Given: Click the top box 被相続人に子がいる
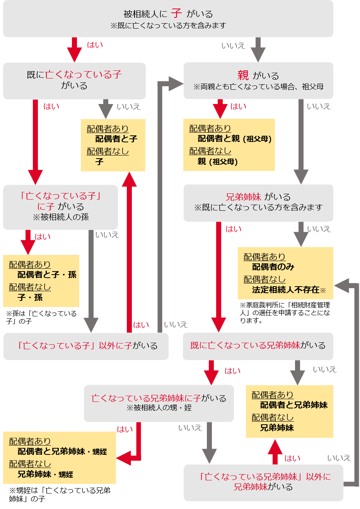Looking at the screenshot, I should point(168,19).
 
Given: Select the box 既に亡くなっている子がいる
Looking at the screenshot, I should point(74,80).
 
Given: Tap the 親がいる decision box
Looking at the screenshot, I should point(258,80).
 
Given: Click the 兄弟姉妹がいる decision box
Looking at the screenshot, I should point(258,203).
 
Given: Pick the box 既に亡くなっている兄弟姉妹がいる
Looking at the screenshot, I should point(258,346).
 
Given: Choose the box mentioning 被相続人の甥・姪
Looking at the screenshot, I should point(159,403).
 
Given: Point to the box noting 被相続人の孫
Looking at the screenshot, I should point(60,207).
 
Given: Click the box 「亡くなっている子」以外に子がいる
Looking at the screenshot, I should point(86,346).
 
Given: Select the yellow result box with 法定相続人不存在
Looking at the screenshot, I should point(285,273).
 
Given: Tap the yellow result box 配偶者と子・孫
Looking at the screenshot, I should point(41,281).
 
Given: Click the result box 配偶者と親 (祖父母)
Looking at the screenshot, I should point(229,145).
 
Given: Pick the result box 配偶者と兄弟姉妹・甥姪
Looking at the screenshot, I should point(60,458).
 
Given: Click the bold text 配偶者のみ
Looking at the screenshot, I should point(273,267).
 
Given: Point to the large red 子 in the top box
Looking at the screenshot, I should point(176,13).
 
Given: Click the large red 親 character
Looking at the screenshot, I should point(243,75).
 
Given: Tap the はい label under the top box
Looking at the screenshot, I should point(95,45).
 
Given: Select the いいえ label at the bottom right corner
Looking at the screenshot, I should point(339,458).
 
